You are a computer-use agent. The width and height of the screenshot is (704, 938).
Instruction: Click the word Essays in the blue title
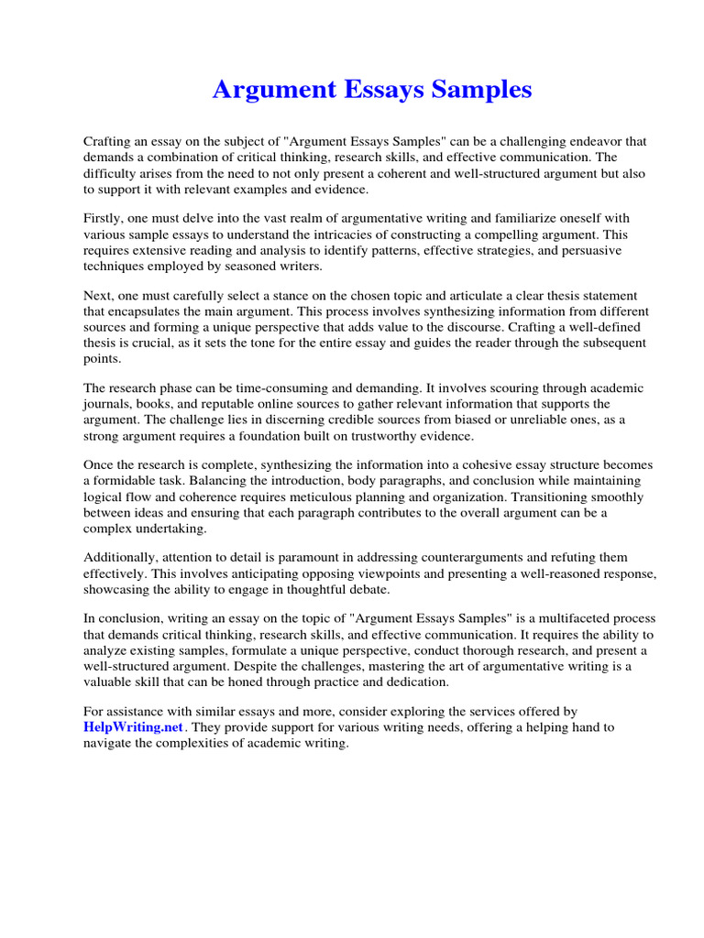coord(373,90)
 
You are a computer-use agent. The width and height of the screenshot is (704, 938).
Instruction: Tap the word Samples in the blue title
coord(477,90)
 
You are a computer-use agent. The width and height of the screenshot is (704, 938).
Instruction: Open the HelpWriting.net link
coord(134,726)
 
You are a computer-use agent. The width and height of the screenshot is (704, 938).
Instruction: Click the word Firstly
coord(104,219)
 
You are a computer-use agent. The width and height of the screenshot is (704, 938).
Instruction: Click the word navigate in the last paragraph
coord(112,743)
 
